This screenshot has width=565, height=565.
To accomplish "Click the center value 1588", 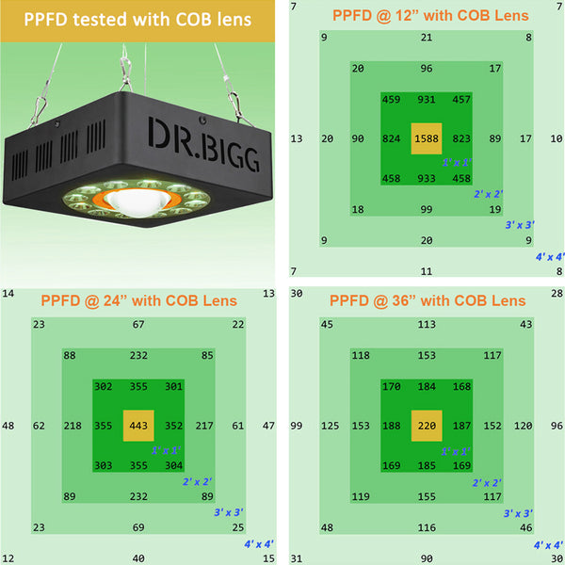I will tap(427, 138).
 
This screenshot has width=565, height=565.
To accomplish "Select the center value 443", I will tap(138, 425).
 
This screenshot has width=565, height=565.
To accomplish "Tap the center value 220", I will tap(427, 425).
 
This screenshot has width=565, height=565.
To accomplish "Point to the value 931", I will tap(427, 100).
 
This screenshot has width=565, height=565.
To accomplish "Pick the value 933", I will tap(427, 178).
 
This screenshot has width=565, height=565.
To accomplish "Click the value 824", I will tap(393, 138).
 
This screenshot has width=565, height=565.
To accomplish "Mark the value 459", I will tap(392, 100).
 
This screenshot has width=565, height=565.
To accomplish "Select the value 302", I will tap(104, 386).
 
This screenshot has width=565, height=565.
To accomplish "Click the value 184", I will tap(427, 386).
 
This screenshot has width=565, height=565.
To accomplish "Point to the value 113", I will tap(427, 325).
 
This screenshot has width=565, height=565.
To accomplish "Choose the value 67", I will tap(138, 325).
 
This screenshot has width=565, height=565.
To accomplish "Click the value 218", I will tap(72, 426).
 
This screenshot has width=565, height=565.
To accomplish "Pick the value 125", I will tap(330, 426).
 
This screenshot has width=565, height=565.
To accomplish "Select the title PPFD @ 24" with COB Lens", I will tap(138, 300).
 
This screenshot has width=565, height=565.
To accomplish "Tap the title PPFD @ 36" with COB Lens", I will tap(427, 300).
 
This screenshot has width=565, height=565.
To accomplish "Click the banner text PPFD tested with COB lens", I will tap(137, 19).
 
